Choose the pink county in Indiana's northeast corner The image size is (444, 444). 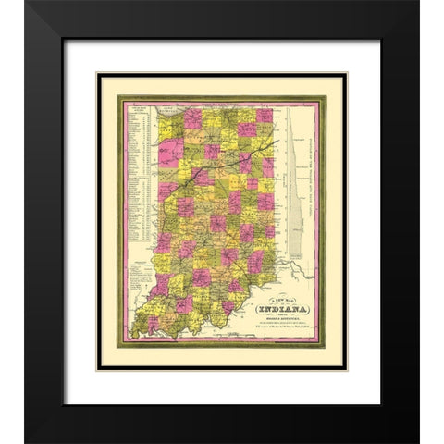click(x=265, y=117)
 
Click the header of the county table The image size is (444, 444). click(x=138, y=109)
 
